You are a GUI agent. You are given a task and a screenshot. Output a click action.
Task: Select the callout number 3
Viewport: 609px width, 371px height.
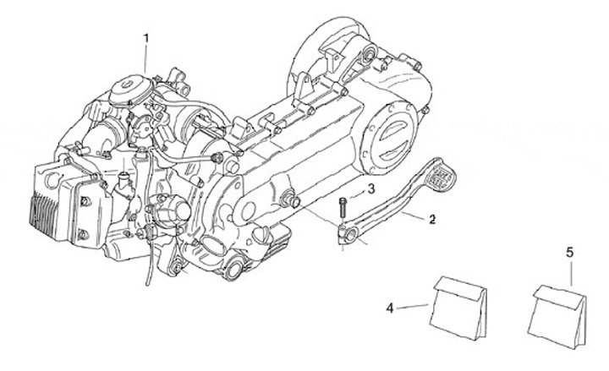click(371, 187)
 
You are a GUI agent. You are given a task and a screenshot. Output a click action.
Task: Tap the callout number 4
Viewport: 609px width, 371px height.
click(390, 308)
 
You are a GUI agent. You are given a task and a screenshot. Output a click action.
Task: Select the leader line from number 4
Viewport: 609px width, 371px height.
click(413, 306)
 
